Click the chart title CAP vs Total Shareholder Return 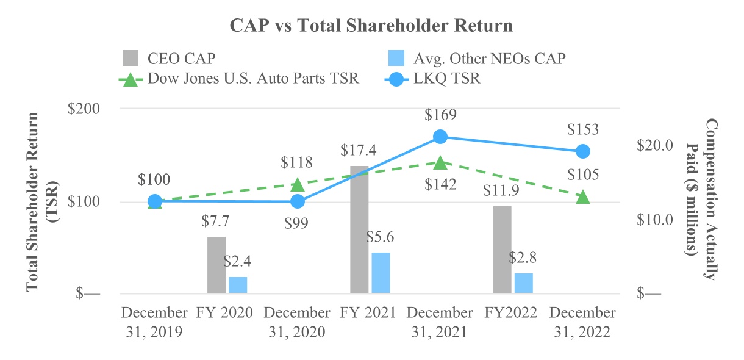click(x=371, y=26)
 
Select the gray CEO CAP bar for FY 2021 click(x=359, y=229)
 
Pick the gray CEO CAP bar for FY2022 click(x=502, y=250)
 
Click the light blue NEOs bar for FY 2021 click(x=381, y=273)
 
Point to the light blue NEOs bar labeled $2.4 click(x=238, y=285)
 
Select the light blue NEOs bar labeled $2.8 click(x=523, y=283)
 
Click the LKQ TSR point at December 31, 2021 click(x=440, y=137)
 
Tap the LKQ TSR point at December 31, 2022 click(x=583, y=151)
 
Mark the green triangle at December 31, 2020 click(x=297, y=184)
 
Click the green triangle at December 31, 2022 click(x=583, y=197)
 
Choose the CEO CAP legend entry click(x=170, y=59)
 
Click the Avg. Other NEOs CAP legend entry click(x=477, y=59)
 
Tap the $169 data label click(x=440, y=115)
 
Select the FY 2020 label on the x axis click(x=224, y=313)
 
